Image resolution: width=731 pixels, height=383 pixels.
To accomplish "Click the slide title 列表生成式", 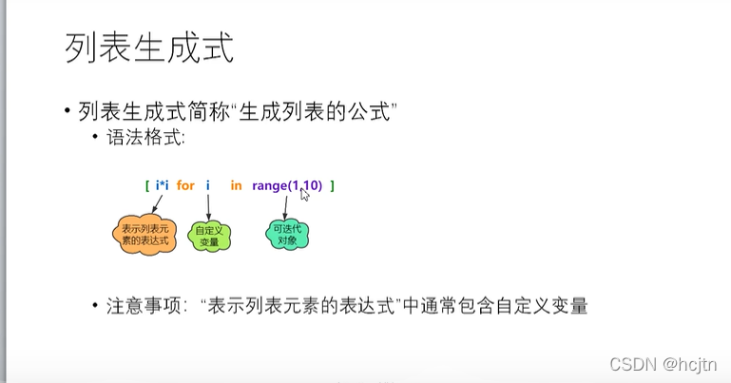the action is [x=149, y=47].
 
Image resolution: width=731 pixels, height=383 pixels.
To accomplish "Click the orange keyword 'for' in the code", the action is [x=185, y=185].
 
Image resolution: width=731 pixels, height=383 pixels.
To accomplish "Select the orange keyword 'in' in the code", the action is [x=236, y=185].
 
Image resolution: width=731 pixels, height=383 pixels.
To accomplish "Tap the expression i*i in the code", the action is [x=161, y=185].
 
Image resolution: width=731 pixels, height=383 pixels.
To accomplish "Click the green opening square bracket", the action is [x=147, y=185].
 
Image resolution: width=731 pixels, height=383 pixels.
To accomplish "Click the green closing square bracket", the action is [x=332, y=185].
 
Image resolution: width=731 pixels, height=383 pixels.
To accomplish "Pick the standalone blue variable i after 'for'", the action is [x=207, y=185].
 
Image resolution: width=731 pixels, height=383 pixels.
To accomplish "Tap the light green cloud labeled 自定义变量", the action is [x=207, y=237].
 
